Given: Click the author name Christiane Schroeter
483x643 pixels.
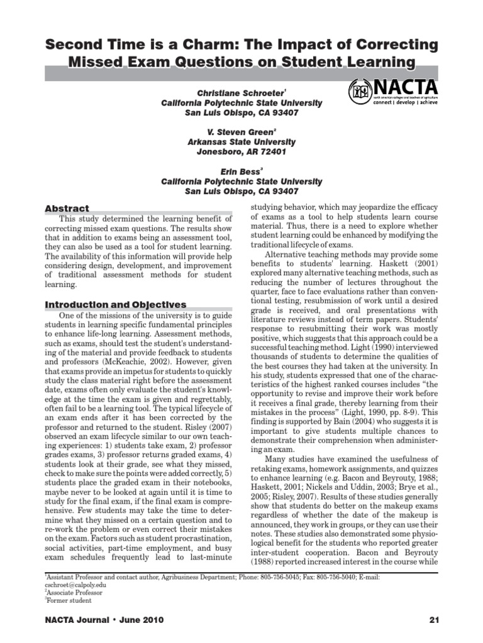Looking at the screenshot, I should pos(241,92).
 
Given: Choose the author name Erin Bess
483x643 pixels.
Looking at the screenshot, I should pos(241,172).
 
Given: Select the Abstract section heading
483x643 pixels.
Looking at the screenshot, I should pos(67,208).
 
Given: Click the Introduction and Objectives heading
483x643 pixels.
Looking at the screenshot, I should pos(115,304).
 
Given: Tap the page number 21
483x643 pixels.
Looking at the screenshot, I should pos(433,620).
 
